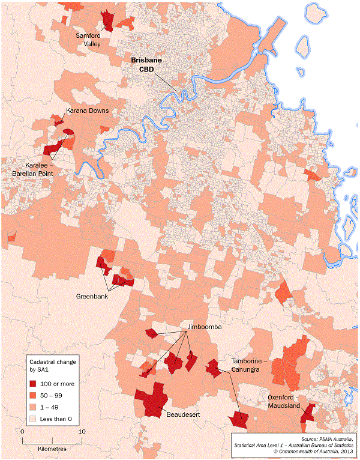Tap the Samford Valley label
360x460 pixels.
click(x=92, y=39)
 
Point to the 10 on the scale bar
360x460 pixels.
click(x=82, y=431)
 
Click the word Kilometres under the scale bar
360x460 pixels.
click(x=51, y=448)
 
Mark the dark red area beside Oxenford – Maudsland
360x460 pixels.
click(x=308, y=413)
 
